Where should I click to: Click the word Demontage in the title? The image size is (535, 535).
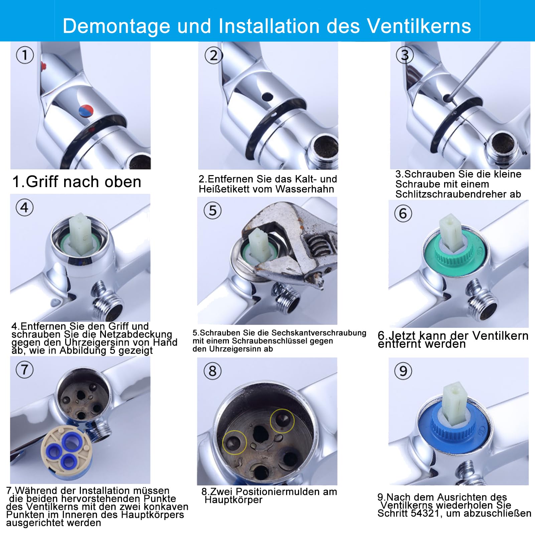[116, 26]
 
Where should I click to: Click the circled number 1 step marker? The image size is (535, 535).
[25, 55]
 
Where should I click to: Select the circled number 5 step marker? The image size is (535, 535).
[213, 211]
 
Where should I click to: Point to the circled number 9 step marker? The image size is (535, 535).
[403, 371]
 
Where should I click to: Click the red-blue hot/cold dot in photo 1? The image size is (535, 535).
[86, 111]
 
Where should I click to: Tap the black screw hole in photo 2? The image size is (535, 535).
[267, 97]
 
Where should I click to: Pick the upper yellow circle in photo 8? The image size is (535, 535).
[282, 421]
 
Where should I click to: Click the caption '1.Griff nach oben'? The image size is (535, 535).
[77, 182]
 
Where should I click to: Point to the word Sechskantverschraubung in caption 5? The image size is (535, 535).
[319, 333]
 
